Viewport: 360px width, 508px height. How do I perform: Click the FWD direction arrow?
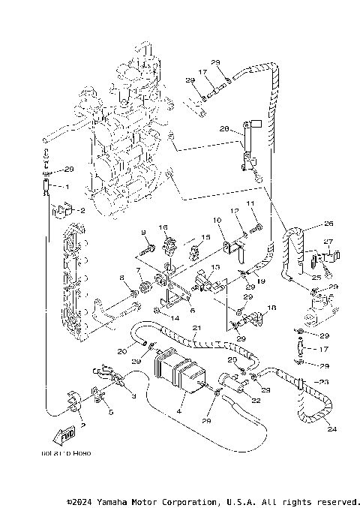67,434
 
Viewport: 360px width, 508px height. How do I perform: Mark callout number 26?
328,224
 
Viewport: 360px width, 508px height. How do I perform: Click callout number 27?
328,242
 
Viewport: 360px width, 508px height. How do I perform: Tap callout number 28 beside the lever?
223,129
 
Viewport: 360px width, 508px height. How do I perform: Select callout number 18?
271,308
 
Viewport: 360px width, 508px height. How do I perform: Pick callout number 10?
215,221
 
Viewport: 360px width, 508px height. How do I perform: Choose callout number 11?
250,204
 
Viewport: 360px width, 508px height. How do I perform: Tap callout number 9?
143,232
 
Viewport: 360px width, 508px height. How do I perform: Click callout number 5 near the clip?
110,412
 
